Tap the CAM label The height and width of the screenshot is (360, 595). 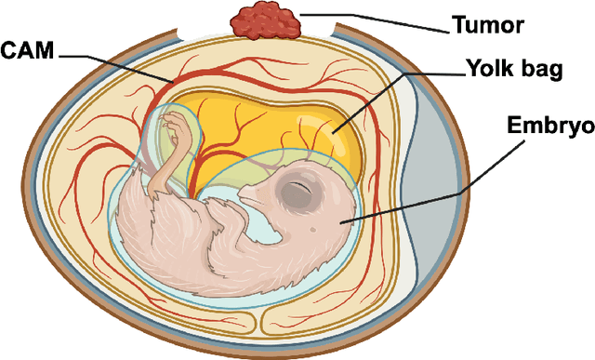[x=29, y=50]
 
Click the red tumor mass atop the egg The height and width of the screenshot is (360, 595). [x=266, y=20]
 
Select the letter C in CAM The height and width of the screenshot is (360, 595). [x=10, y=50]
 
